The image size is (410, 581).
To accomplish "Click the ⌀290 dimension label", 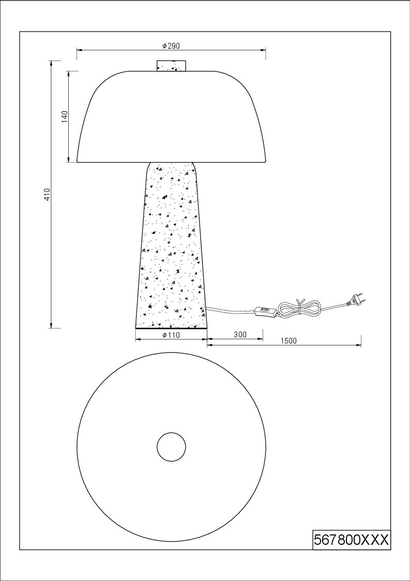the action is pos(171,46).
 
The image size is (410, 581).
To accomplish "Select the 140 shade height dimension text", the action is pos(64,117).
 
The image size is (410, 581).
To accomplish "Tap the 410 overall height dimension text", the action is pos(47,195).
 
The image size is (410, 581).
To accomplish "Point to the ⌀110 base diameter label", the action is pos(171,335).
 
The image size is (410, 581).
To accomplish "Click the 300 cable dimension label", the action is pos(240,335).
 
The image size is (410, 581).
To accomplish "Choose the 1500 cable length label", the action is pos(288,341).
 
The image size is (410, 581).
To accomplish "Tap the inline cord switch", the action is pos(266,311).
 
